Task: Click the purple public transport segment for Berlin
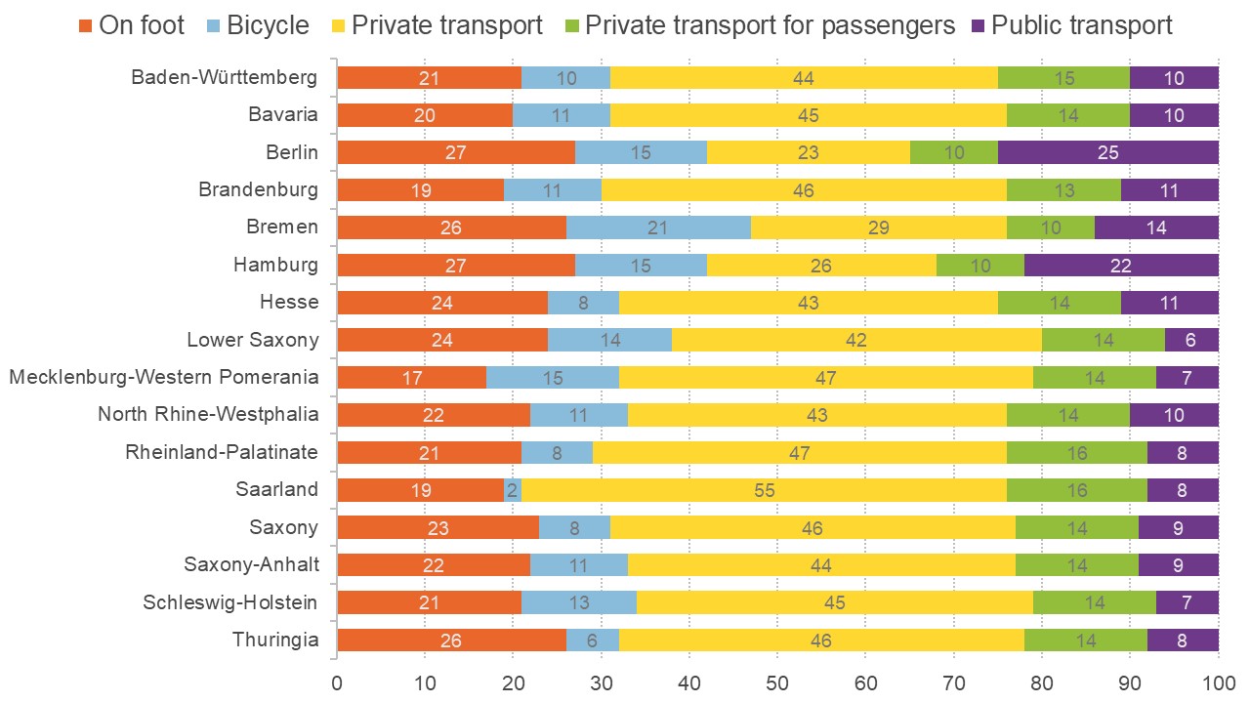1108,153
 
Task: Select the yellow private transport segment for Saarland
765,490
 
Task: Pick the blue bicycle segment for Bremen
658,227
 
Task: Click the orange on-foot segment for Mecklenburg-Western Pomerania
411,378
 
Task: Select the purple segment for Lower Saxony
1191,340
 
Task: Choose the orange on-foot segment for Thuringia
451,641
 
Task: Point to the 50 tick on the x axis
777,680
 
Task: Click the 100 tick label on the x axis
1218,680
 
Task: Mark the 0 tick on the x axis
337,680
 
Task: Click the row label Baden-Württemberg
225,78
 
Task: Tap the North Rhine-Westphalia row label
208,415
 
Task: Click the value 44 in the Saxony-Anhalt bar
817,565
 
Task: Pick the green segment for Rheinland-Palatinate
1077,453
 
